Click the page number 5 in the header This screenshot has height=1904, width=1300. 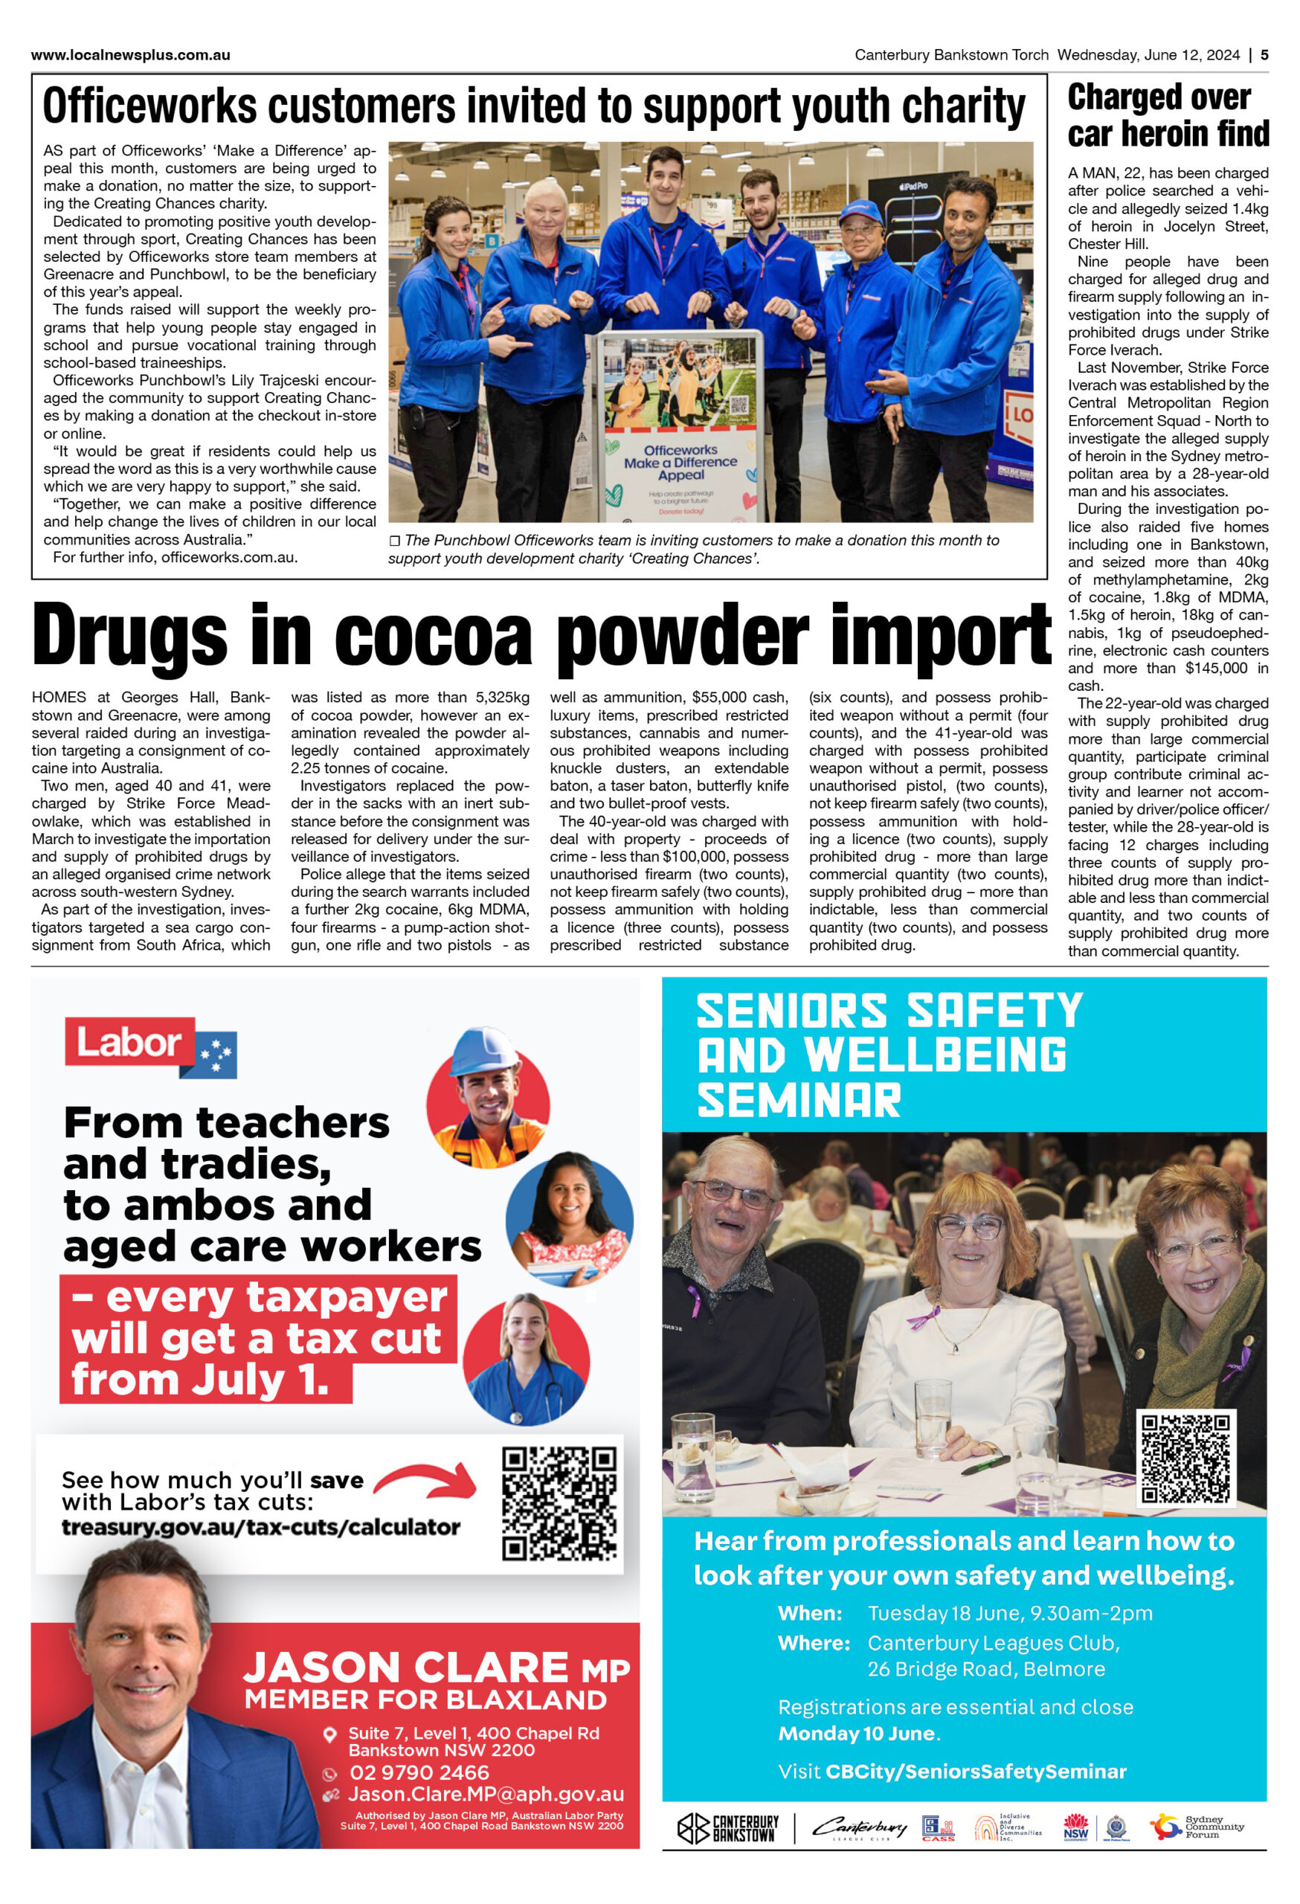(1264, 55)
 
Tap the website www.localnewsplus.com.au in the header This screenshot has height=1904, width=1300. (130, 55)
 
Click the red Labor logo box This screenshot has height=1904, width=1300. (129, 1042)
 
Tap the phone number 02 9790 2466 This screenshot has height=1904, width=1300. (419, 1772)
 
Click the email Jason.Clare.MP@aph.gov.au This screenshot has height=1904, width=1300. (486, 1793)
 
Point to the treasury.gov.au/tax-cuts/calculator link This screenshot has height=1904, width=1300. (260, 1526)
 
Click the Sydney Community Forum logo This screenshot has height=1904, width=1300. (1196, 1827)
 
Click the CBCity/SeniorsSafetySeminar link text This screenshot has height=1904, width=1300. (975, 1772)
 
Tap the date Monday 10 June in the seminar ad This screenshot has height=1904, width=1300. (856, 1733)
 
